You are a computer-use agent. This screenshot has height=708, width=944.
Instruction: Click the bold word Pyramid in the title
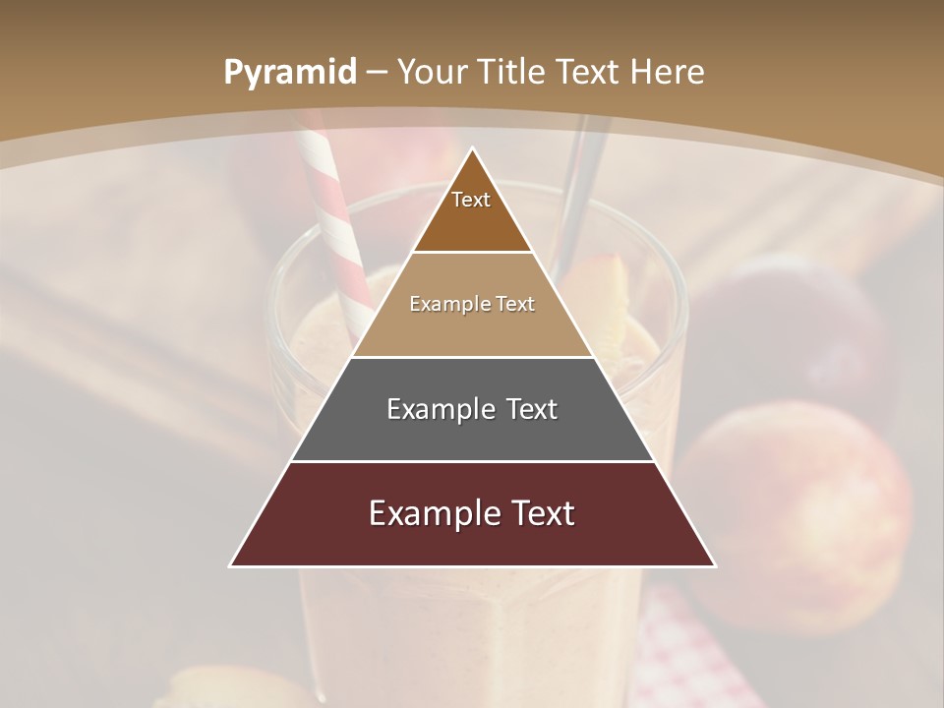click(290, 73)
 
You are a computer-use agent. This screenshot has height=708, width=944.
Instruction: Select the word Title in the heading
click(512, 73)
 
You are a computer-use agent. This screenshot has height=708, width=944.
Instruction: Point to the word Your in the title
click(432, 73)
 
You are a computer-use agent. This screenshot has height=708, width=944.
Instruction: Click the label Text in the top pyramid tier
click(471, 201)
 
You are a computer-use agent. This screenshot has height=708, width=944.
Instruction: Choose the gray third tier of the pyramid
click(472, 433)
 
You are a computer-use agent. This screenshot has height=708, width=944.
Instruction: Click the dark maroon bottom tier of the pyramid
click(472, 541)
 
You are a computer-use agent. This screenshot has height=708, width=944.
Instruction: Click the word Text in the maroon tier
click(535, 513)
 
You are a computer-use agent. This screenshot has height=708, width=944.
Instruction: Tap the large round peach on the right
click(796, 511)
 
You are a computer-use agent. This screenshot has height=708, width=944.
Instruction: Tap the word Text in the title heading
click(588, 73)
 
